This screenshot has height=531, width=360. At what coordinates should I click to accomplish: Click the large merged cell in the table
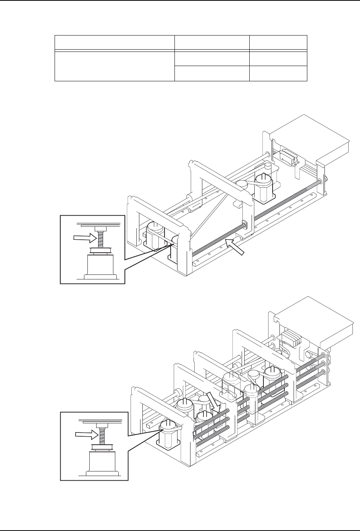point(115,66)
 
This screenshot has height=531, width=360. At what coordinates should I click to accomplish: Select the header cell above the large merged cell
point(115,43)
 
